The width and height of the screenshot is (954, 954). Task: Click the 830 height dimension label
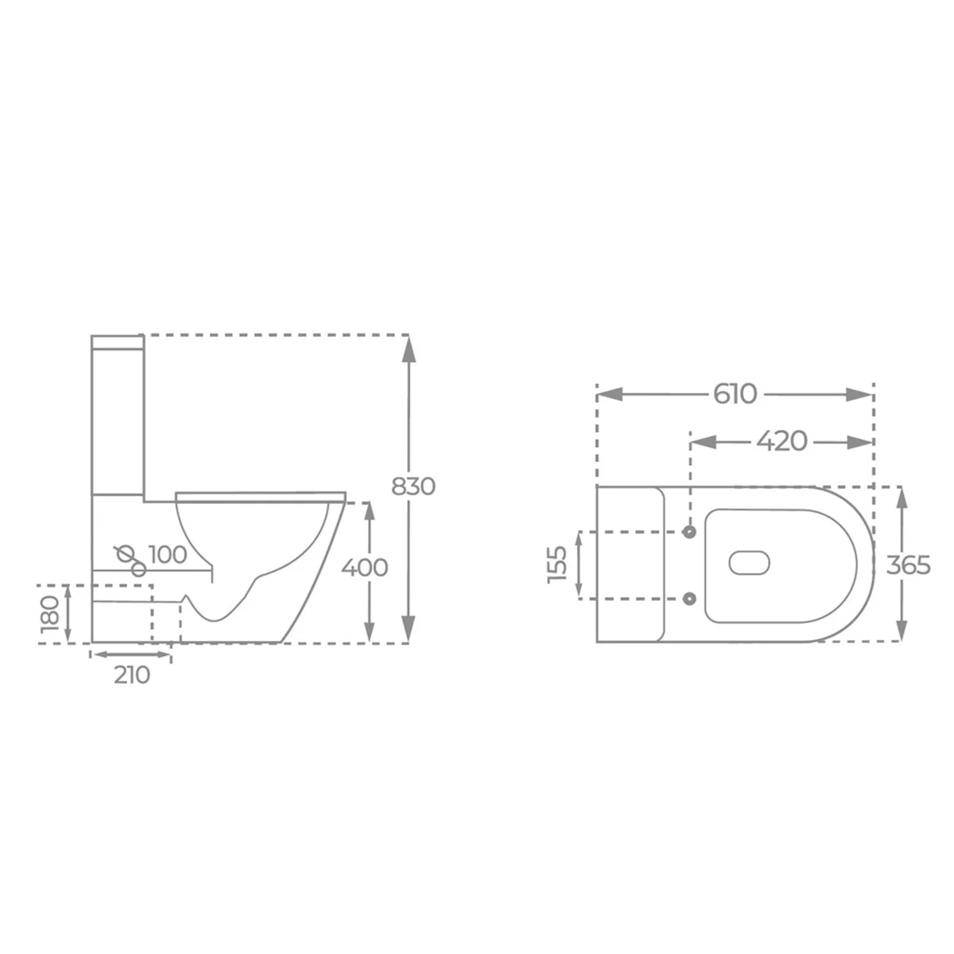(x=413, y=487)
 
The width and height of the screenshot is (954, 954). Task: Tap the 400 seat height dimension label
(x=364, y=568)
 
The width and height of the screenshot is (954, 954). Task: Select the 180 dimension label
(x=50, y=614)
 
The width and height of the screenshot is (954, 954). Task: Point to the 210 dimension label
(x=132, y=675)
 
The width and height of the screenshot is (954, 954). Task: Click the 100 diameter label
(x=168, y=554)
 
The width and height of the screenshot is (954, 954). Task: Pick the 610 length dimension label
(x=735, y=394)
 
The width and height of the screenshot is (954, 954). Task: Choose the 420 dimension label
(x=781, y=440)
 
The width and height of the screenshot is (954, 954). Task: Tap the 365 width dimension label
(x=909, y=565)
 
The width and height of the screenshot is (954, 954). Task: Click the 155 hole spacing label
(x=557, y=565)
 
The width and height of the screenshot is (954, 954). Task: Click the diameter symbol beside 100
(x=125, y=553)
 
